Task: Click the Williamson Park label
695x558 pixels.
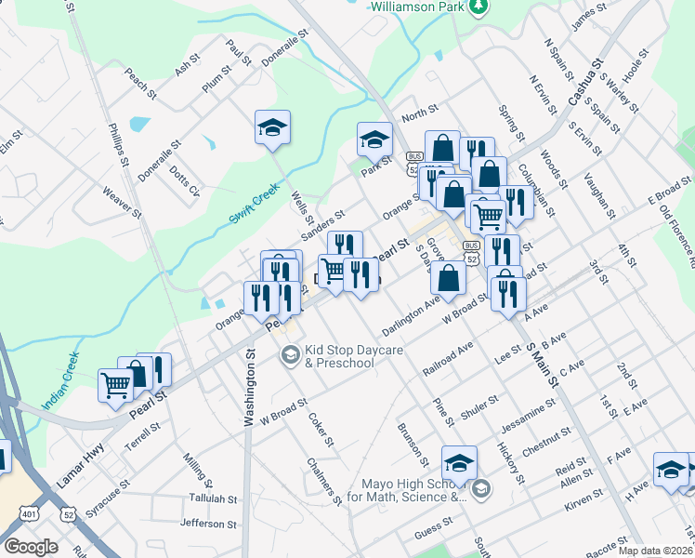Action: tap(415, 6)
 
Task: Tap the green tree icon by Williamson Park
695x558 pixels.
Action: tap(478, 7)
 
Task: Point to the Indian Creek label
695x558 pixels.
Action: tap(61, 382)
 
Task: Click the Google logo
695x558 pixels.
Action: tap(31, 546)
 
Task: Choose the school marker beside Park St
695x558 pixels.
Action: tap(374, 139)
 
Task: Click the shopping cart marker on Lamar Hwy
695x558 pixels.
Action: tap(116, 383)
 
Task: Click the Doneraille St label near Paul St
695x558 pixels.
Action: tap(284, 50)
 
